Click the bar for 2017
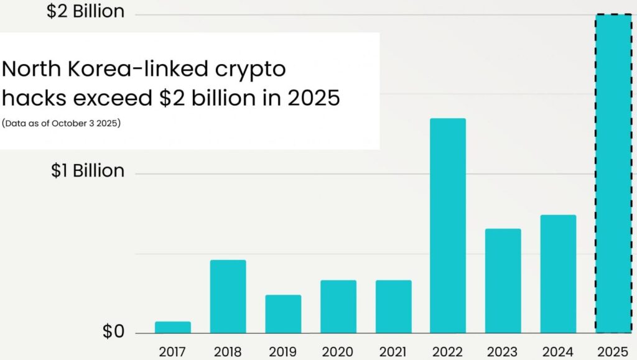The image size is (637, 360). pyautogui.click(x=172, y=327)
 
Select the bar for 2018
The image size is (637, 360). pyautogui.click(x=228, y=296)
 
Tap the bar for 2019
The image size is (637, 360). pyautogui.click(x=283, y=313)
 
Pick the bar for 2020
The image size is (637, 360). pyautogui.click(x=338, y=306)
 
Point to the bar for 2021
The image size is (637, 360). pyautogui.click(x=393, y=306)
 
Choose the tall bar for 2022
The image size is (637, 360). pyautogui.click(x=448, y=225)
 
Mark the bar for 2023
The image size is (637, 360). pyautogui.click(x=503, y=280)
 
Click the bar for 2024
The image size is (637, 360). pyautogui.click(x=558, y=274)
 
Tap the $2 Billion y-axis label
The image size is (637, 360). pyautogui.click(x=85, y=11)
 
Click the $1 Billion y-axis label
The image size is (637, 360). pyautogui.click(x=88, y=170)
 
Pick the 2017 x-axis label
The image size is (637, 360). pyautogui.click(x=172, y=351)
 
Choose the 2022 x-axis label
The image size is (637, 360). pyautogui.click(x=448, y=351)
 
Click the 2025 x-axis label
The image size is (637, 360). pyautogui.click(x=613, y=351)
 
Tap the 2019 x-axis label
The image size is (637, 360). pyautogui.click(x=283, y=351)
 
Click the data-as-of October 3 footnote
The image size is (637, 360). pyautogui.click(x=62, y=123)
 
